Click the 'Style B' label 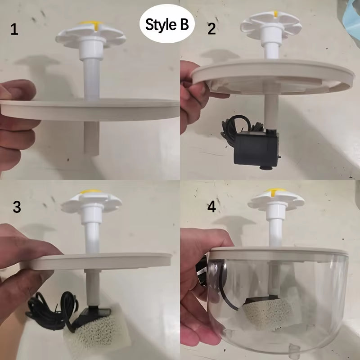point(167,24)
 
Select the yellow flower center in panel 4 point(271,193)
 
